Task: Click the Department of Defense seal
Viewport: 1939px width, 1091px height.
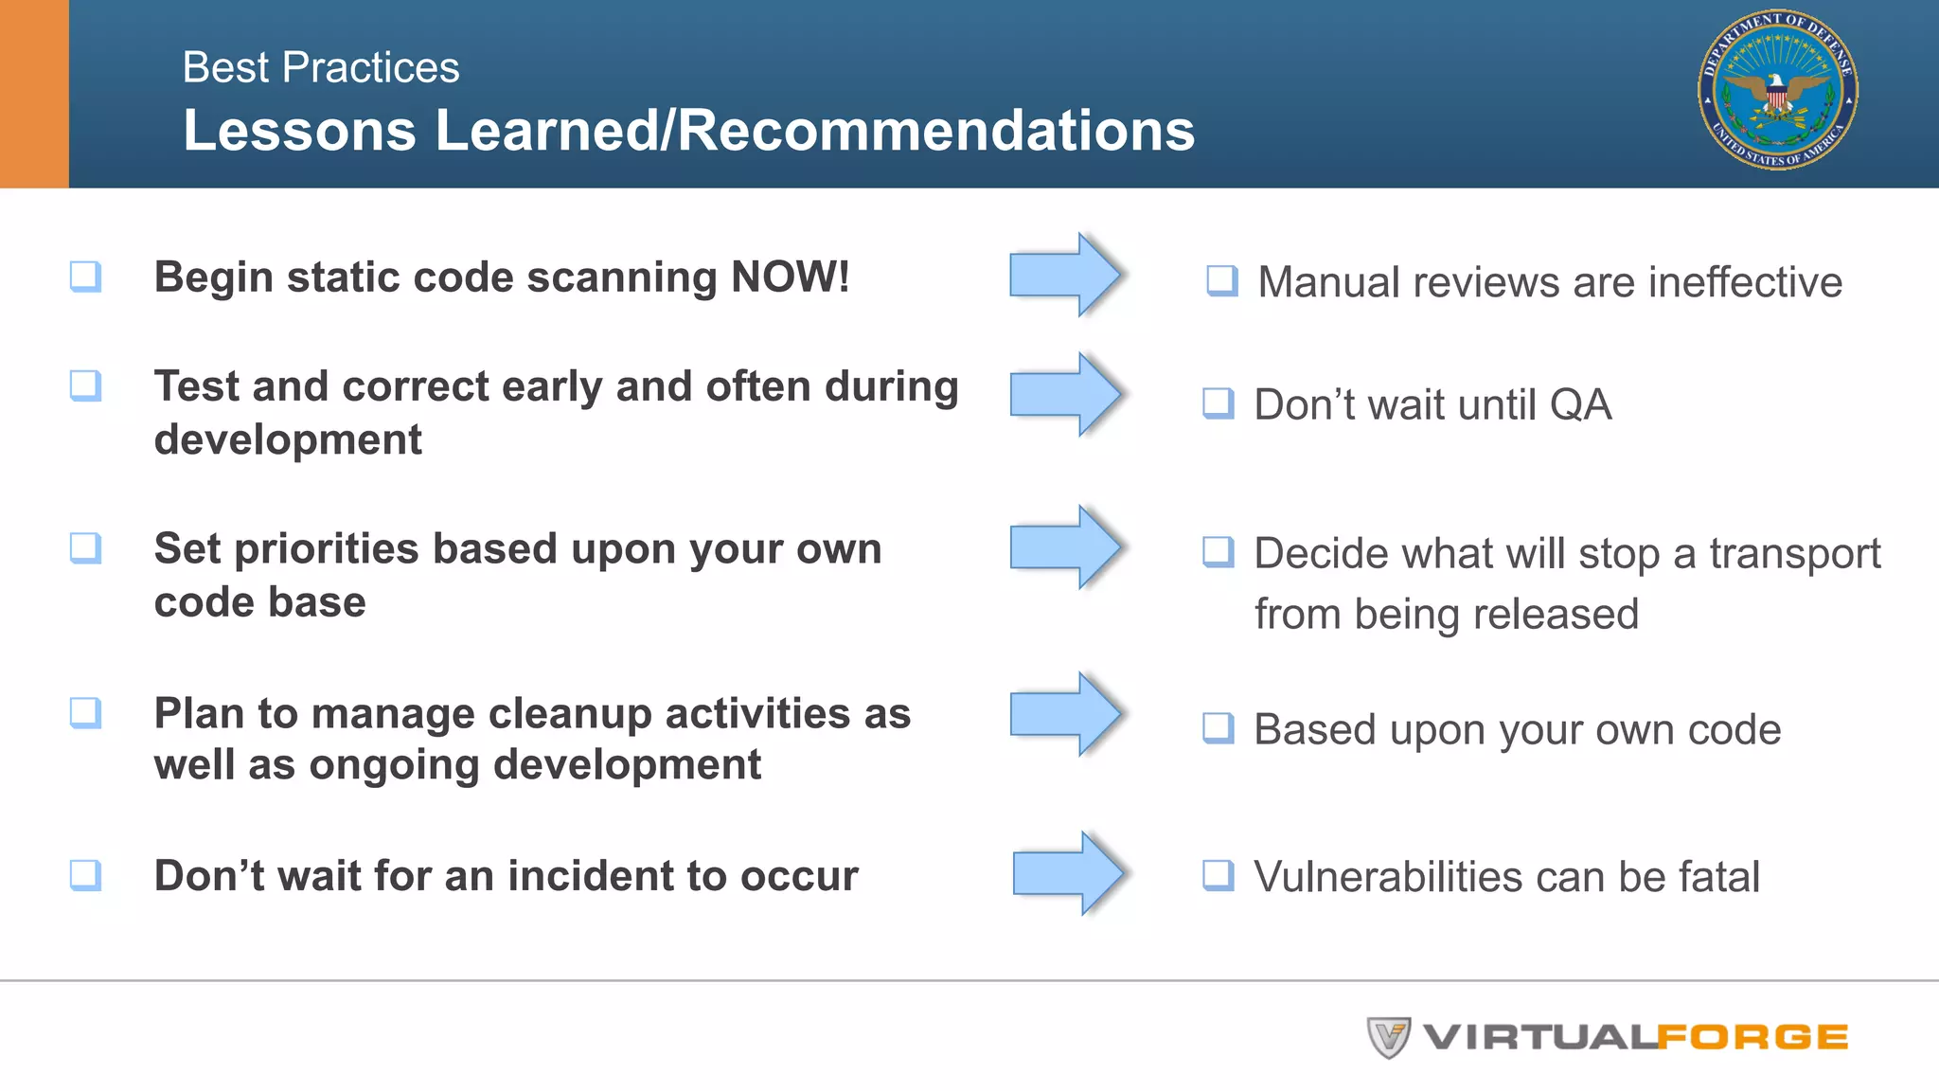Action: (x=1777, y=91)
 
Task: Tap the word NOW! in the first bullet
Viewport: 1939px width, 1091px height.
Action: (x=790, y=277)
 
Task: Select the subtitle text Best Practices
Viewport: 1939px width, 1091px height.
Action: (x=321, y=68)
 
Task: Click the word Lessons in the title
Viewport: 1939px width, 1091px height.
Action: (x=299, y=130)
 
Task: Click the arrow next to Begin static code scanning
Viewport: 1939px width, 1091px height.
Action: (x=1065, y=275)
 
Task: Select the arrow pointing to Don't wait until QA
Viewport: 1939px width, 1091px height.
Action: (x=1065, y=394)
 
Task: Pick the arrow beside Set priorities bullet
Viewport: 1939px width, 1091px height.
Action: (x=1065, y=547)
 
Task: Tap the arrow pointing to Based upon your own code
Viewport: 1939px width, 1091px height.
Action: (x=1065, y=714)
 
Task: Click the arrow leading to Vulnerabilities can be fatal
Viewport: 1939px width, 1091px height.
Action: (x=1068, y=873)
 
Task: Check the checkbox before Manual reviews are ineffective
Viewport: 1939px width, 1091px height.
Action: (x=1221, y=280)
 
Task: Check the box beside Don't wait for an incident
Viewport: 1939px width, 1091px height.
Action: (x=85, y=874)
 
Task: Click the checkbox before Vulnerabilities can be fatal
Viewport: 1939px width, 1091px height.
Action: (x=1218, y=875)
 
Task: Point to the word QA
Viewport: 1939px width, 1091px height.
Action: (x=1580, y=405)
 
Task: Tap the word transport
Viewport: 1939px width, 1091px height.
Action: (x=1794, y=554)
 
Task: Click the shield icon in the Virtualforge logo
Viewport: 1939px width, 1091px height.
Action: (x=1388, y=1037)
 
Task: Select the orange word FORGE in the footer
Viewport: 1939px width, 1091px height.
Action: (x=1752, y=1038)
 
